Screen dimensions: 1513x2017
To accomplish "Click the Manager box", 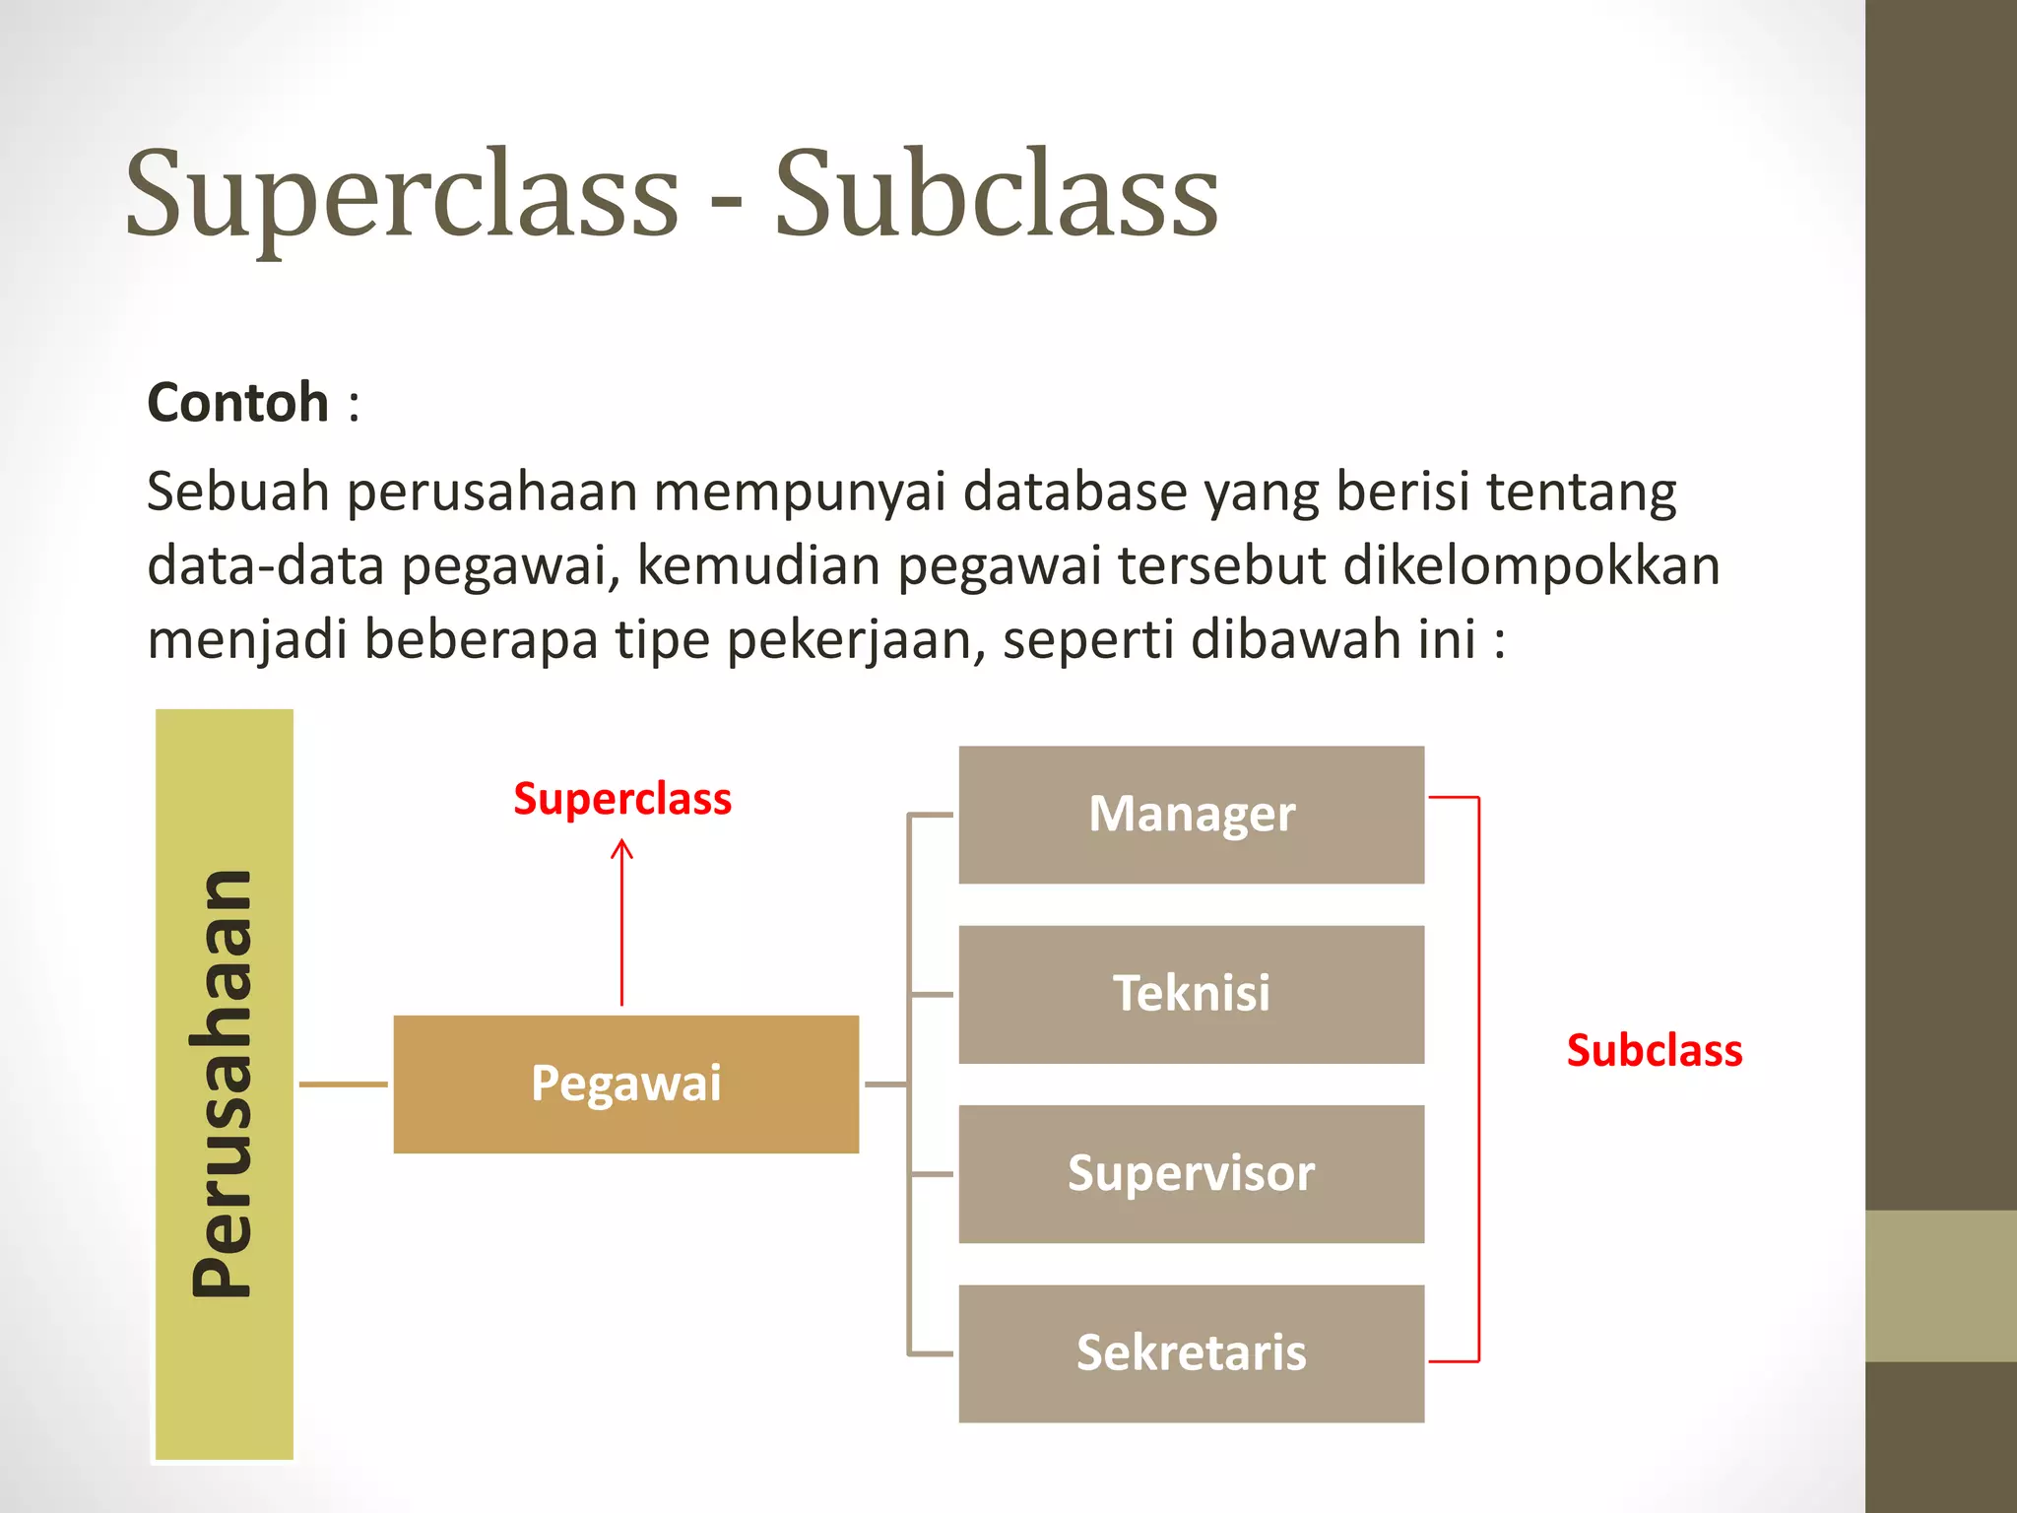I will pyautogui.click(x=1191, y=815).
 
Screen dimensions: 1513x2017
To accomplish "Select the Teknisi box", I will pyautogui.click(x=1191, y=994).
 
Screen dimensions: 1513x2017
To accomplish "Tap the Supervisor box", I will pyautogui.click(x=1191, y=1173).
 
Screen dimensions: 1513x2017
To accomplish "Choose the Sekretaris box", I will pyautogui.click(x=1191, y=1352).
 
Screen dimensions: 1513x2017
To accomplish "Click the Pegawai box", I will pyautogui.click(x=625, y=1084).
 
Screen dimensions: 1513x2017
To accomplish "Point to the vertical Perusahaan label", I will pyautogui.click(x=224, y=1084).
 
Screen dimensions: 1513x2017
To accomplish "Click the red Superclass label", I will pyautogui.click(x=622, y=799).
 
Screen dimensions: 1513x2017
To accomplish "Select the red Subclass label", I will pyautogui.click(x=1654, y=1051).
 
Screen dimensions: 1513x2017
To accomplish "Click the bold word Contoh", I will pyautogui.click(x=237, y=403).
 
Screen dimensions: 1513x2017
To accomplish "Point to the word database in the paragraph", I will pyautogui.click(x=1074, y=492).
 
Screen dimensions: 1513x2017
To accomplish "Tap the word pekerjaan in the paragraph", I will pyautogui.click(x=856, y=640).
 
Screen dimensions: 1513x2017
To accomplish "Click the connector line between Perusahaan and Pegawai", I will pyautogui.click(x=343, y=1084).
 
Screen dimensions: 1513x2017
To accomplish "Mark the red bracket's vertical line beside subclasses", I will pyautogui.click(x=1478, y=1079).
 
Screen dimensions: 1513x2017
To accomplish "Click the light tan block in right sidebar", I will pyautogui.click(x=1940, y=1285).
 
